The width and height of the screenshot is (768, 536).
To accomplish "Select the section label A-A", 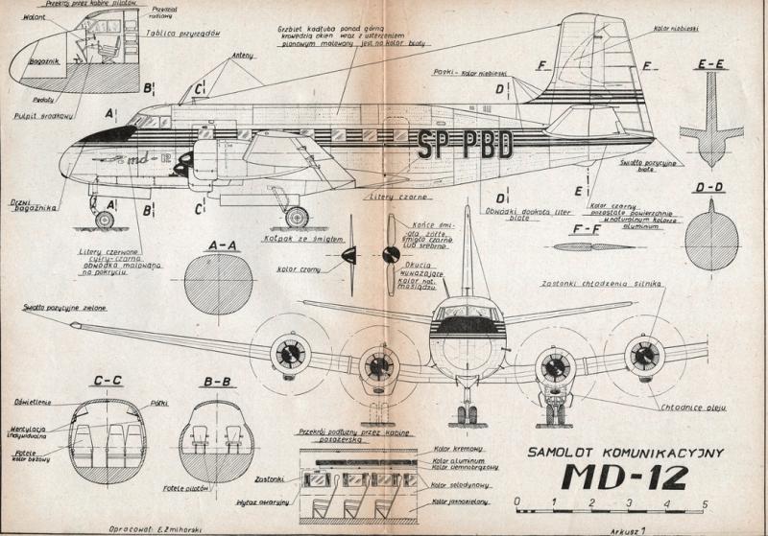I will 223,245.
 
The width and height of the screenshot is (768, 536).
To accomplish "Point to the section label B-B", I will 217,383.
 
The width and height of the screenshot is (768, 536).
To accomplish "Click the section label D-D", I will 709,186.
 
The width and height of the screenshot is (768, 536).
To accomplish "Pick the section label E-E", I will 711,64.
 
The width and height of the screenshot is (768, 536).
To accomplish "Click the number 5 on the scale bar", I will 705,503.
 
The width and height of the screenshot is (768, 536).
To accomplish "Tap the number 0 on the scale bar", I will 517,503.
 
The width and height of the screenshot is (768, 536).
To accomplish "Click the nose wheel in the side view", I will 103,220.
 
